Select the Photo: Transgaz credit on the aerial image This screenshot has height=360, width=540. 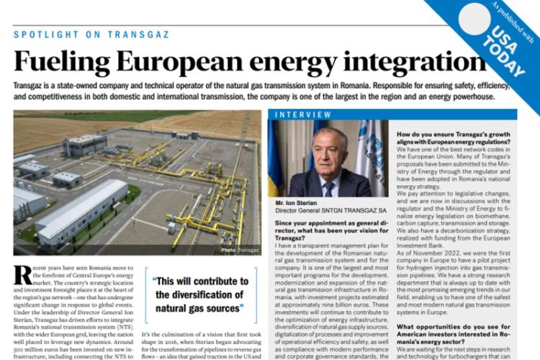point(240,249)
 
